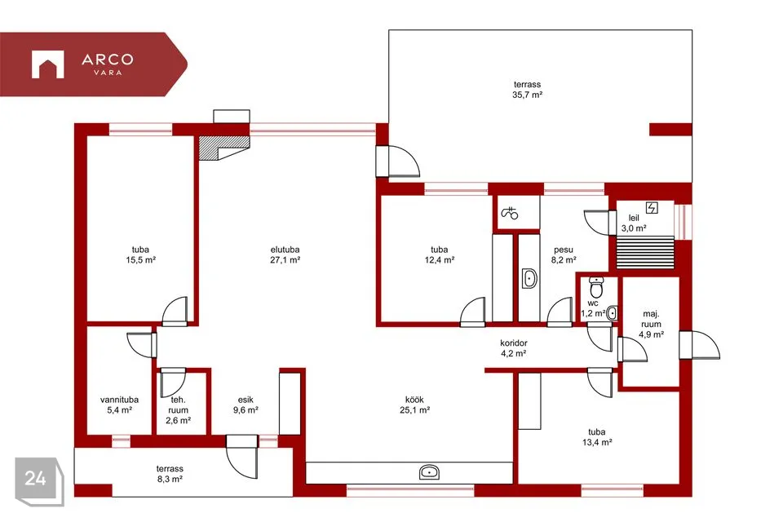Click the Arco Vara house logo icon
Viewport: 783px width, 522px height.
47,64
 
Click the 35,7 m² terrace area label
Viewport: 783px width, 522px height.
528,90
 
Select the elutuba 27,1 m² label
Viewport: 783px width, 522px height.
285,254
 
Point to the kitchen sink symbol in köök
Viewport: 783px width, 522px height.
430,472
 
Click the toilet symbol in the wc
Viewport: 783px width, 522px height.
596,287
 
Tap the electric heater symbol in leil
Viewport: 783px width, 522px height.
652,207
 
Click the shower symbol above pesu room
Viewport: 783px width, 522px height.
509,214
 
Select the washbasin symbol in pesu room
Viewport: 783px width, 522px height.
529,279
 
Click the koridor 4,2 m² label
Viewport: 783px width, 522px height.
514,348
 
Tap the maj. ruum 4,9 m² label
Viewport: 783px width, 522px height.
651,324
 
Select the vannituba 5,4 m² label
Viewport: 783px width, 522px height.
119,405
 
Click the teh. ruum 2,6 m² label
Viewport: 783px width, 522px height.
179,410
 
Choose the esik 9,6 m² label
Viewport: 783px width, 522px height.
246,405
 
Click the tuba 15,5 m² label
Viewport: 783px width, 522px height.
141,254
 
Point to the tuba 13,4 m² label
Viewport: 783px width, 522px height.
597,437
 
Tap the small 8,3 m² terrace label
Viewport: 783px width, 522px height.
170,474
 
